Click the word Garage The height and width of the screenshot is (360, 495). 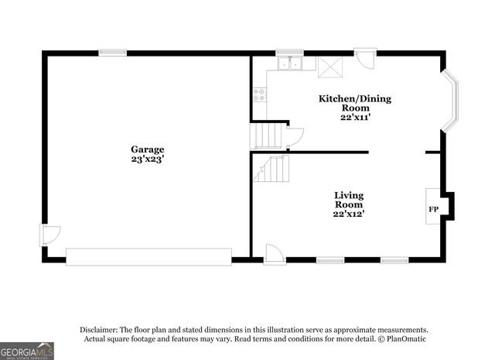coord(147,149)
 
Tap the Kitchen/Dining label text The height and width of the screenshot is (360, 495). coord(355,98)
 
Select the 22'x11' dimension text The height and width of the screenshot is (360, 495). coord(355,118)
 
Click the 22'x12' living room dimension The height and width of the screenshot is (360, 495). coord(349,214)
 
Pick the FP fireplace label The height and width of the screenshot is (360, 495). coord(433,210)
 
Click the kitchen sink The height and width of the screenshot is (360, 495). coord(292,64)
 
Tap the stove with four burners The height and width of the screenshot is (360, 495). coord(260,95)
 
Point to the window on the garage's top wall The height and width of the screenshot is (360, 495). coord(112,53)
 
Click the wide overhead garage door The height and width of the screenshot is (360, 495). coord(148,255)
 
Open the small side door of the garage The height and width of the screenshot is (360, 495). coord(49,234)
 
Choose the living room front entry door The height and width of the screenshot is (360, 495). coord(274,252)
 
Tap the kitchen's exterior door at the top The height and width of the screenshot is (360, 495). coord(364,60)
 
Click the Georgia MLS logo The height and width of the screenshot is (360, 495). coord(27,351)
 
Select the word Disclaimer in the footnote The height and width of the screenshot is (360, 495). coord(96,329)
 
